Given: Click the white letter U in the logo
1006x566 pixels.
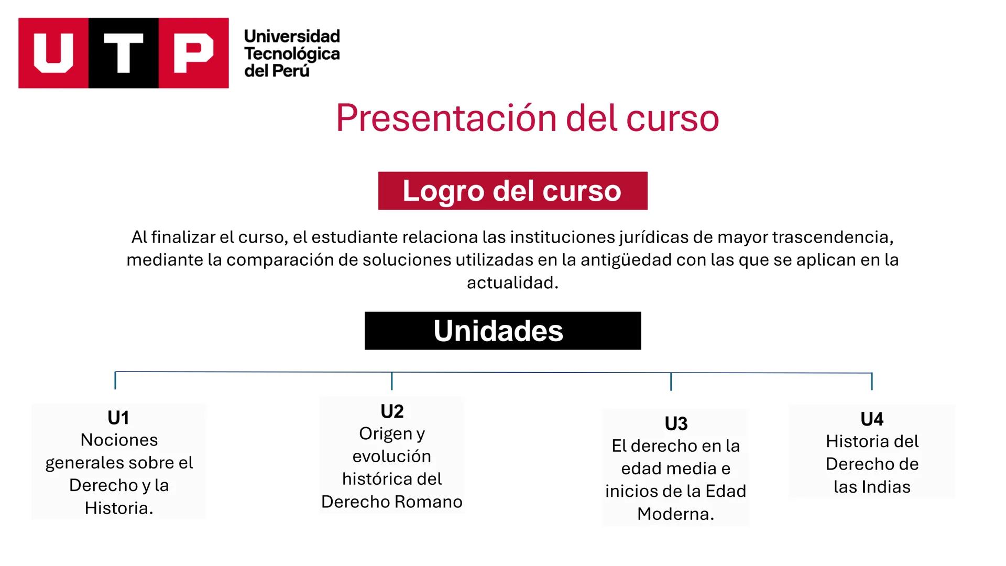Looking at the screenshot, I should (53, 53).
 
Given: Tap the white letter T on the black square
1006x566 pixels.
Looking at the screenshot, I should (124, 53).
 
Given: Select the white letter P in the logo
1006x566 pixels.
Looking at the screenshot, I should (193, 53).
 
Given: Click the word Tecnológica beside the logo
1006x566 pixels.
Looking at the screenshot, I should (292, 53).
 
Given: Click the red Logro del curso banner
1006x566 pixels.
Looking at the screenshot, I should (512, 191).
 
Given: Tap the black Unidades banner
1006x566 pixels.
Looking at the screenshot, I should (502, 331).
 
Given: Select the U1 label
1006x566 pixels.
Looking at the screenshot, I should (118, 418).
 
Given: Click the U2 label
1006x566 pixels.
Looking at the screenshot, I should (392, 411).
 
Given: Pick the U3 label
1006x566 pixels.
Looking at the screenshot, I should (676, 423).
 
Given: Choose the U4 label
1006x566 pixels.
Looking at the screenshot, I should (872, 419).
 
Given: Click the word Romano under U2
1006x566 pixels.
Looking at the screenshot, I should (428, 502).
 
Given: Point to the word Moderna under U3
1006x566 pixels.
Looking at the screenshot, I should (675, 514).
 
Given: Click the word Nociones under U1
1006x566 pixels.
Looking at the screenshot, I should (119, 440).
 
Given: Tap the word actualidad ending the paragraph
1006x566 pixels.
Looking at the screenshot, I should (512, 283).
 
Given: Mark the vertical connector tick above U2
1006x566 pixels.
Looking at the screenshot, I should (391, 381).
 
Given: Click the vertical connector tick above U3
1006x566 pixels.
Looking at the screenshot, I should (671, 382).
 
